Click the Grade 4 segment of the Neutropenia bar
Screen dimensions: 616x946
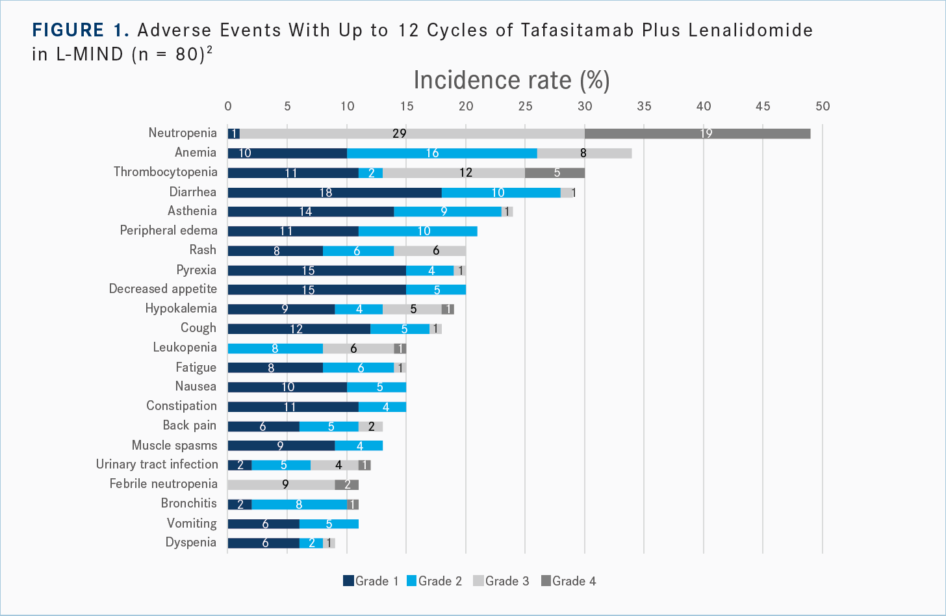[x=697, y=133]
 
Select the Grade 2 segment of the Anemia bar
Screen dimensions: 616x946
[x=442, y=153]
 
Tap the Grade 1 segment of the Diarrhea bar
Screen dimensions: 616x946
[x=335, y=192]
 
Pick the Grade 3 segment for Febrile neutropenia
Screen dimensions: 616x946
[x=281, y=484]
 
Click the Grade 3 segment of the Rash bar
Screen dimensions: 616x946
[x=429, y=250]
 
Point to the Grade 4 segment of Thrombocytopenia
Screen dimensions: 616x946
[x=554, y=172]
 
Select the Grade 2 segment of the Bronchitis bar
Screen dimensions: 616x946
[x=299, y=504]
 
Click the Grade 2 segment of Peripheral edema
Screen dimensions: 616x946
[x=418, y=231]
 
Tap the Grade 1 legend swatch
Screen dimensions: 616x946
[x=348, y=581]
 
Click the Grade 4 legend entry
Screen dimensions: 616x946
[x=569, y=581]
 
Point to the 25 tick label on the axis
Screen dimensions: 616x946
[x=525, y=107]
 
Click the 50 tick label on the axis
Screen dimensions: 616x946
[x=823, y=107]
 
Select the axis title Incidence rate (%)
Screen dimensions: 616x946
[x=511, y=80]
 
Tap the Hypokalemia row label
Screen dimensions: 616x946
[x=181, y=309]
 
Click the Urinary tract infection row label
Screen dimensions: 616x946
[x=157, y=465]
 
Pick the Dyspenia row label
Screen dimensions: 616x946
[x=191, y=543]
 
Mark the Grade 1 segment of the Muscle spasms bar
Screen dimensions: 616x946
[x=281, y=445]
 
